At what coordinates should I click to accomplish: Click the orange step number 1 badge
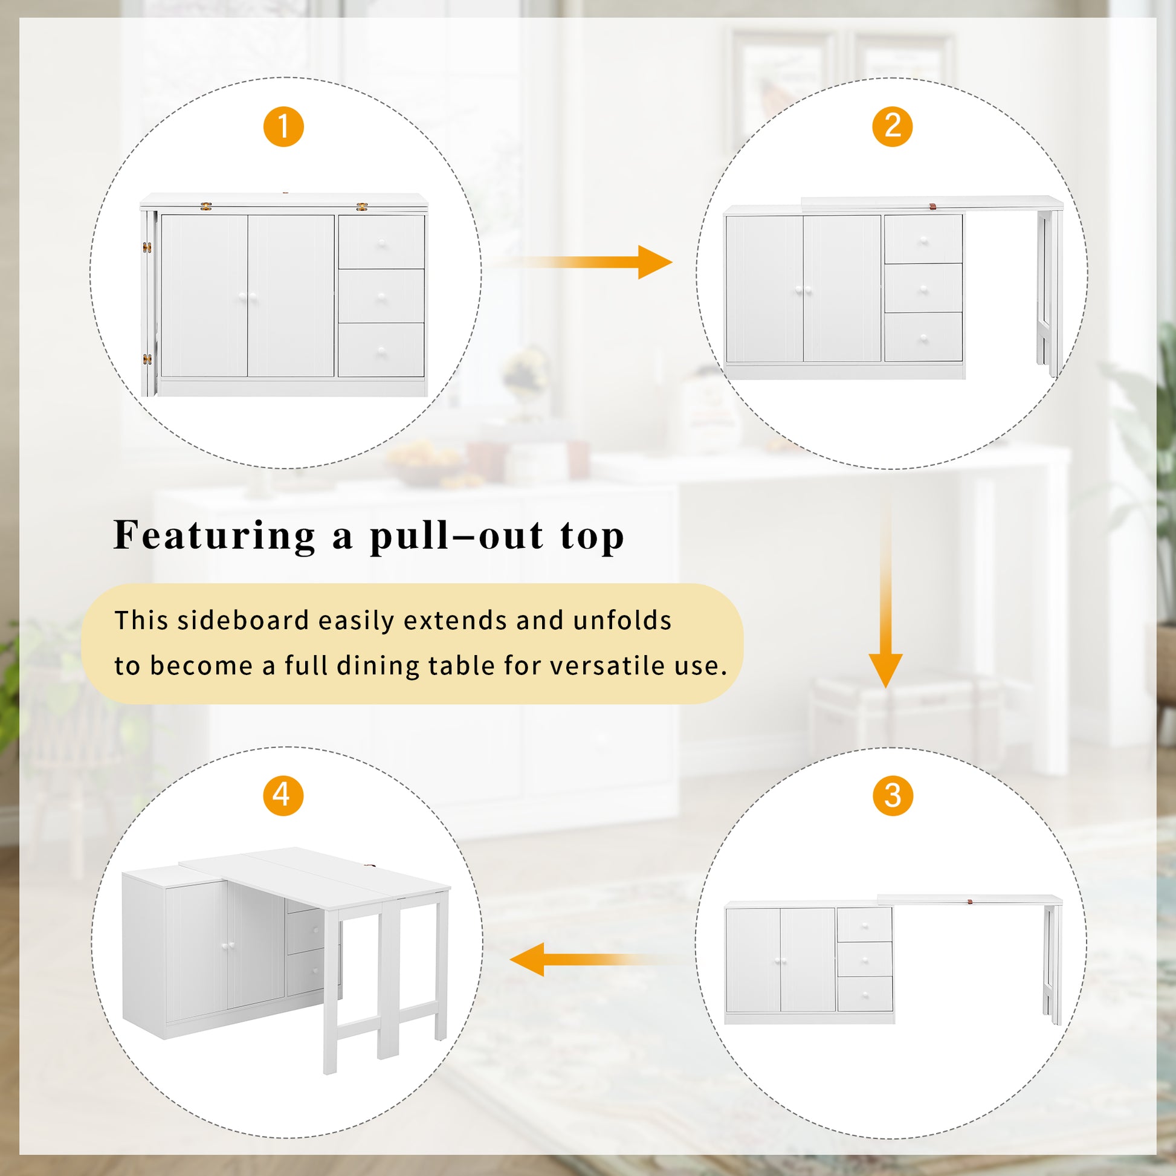pyautogui.click(x=283, y=127)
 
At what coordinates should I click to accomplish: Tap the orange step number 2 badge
pyautogui.click(x=893, y=127)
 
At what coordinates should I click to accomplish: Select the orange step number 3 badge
pyautogui.click(x=893, y=795)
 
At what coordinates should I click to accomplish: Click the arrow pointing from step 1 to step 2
pyautogui.click(x=584, y=262)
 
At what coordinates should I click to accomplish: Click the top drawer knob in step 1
pyautogui.click(x=382, y=244)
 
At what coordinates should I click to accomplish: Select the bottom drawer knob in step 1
pyautogui.click(x=382, y=351)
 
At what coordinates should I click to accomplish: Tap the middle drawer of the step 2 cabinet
pyautogui.click(x=923, y=288)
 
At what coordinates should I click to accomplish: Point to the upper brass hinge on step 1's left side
pyautogui.click(x=147, y=247)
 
